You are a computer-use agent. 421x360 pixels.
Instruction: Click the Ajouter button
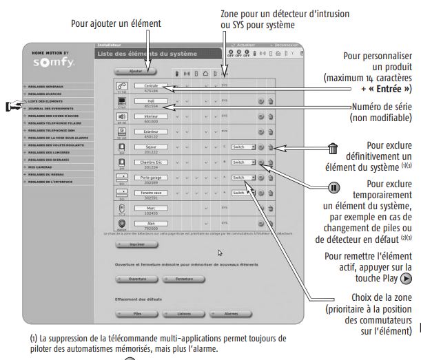[136, 70]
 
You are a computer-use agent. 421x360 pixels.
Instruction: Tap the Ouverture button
[136, 279]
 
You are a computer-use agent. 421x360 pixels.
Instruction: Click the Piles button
[136, 312]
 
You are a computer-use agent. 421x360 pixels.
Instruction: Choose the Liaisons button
[182, 312]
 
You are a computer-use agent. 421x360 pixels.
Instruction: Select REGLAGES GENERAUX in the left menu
[54, 86]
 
